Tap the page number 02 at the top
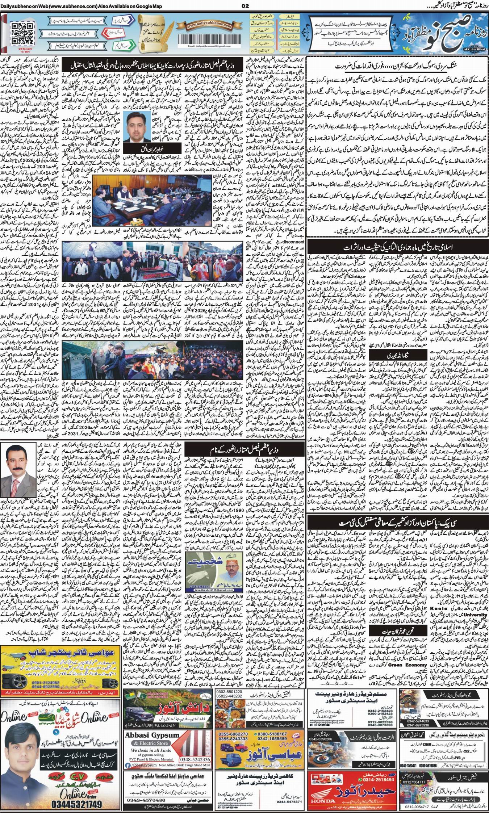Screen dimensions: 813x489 245,5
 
